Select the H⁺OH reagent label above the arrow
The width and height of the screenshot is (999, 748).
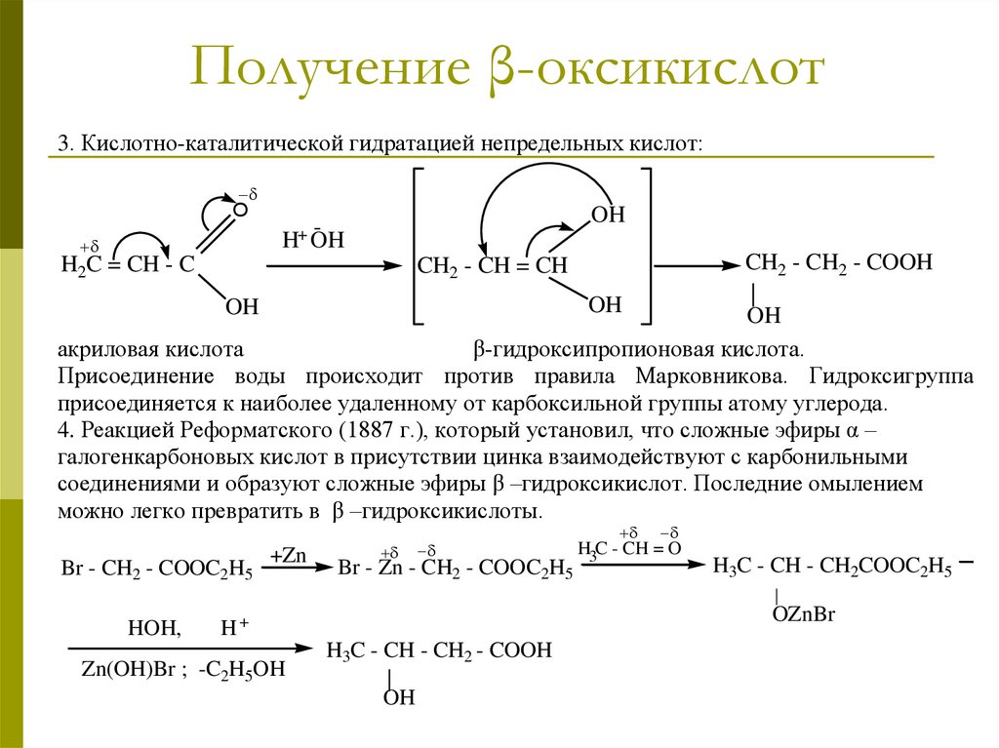313,241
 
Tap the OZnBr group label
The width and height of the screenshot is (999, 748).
805,614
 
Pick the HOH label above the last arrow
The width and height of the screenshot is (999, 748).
154,630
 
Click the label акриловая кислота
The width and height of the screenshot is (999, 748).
149,348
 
